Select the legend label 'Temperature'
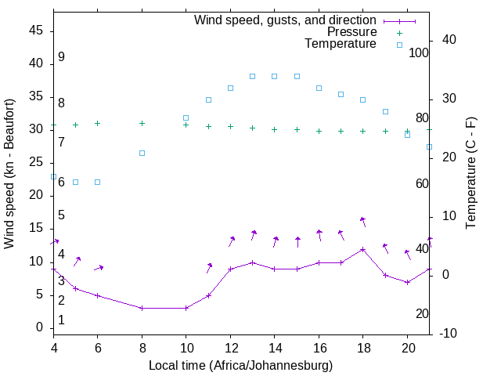tap(341, 44)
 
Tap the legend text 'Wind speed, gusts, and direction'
tap(285, 20)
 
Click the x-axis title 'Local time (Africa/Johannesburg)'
tap(241, 366)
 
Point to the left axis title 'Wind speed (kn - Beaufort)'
tap(9, 174)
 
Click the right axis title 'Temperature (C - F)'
tap(470, 174)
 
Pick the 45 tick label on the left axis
tap(36, 31)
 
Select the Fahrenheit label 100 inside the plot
tap(420, 52)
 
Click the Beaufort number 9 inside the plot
tap(61, 57)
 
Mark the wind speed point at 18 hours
tap(362, 249)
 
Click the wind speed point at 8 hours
tap(142, 308)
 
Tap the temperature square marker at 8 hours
tap(142, 153)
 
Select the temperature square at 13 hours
tap(252, 76)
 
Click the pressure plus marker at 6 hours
tap(97, 123)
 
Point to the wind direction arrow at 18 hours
tap(362, 222)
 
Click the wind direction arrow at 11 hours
tap(209, 268)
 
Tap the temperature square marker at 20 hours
tap(407, 135)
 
